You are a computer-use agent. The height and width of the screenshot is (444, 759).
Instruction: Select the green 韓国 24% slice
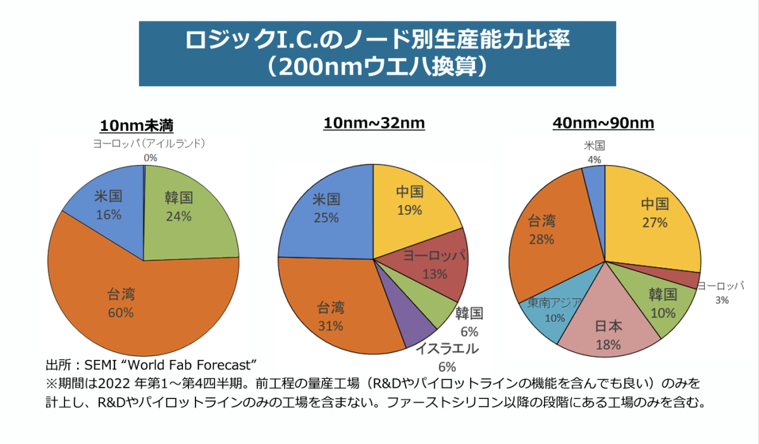[183, 209]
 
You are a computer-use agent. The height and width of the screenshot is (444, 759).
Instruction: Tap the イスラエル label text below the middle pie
[447, 350]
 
